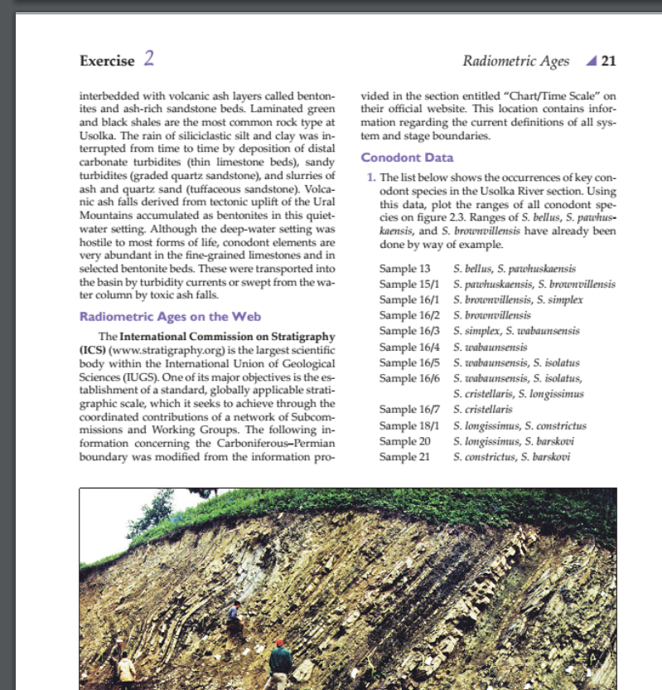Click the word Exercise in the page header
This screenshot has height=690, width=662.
(x=106, y=61)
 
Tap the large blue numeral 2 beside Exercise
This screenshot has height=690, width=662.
(x=148, y=59)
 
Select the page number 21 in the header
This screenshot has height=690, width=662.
(x=609, y=61)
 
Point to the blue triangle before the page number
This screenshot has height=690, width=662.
(x=590, y=61)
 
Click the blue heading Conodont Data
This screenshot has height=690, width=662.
(x=408, y=158)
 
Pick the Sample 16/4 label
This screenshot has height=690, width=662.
(x=408, y=347)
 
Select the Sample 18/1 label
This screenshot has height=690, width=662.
(x=408, y=425)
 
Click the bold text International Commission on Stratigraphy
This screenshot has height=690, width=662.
(x=228, y=337)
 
